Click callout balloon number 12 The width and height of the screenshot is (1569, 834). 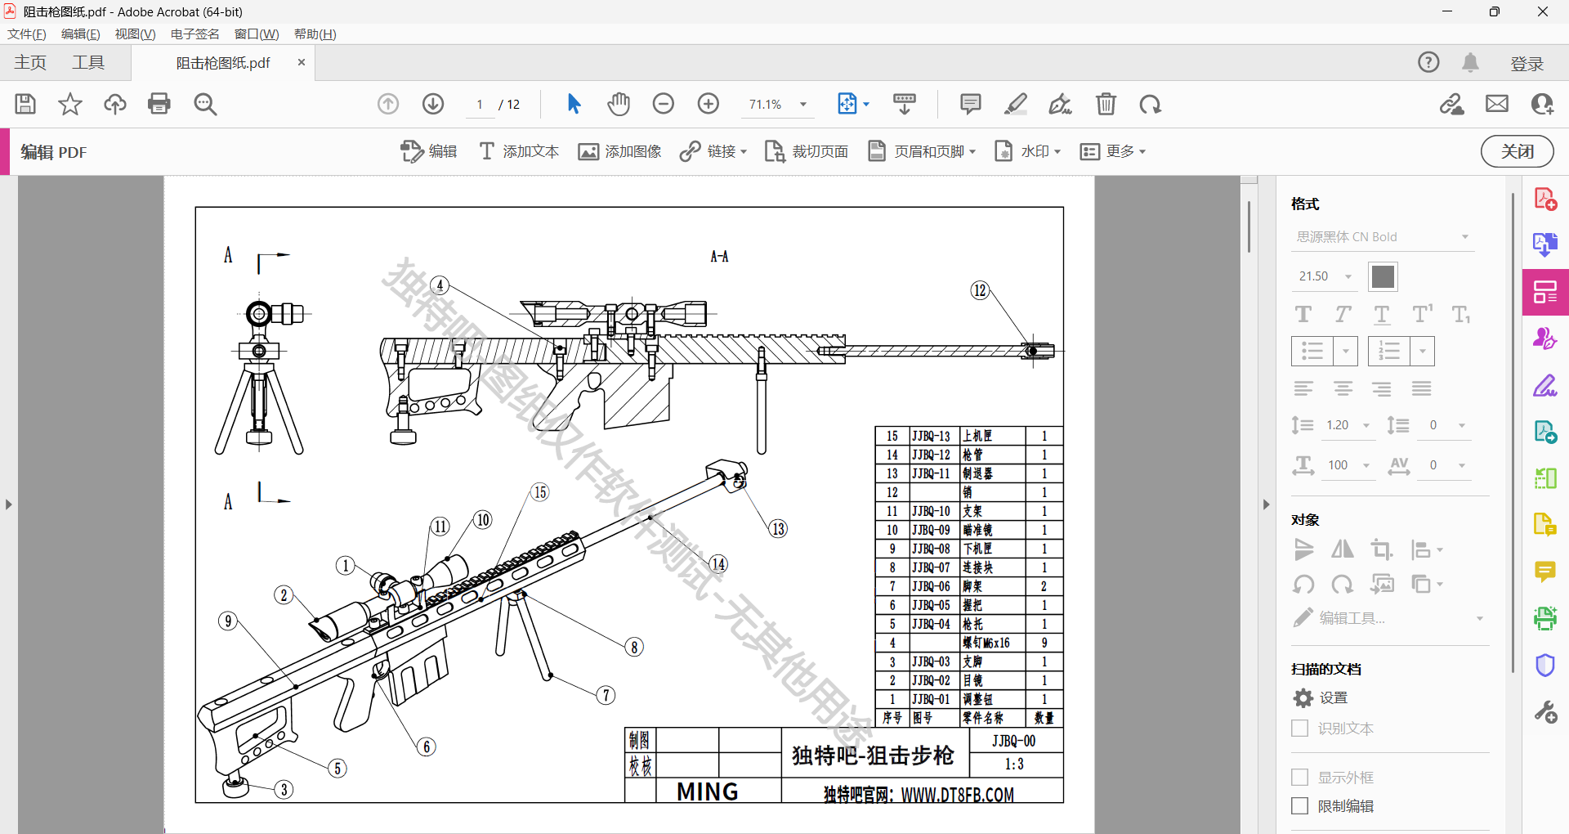point(980,290)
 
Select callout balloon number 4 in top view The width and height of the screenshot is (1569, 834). point(440,285)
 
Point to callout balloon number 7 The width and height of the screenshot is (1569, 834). point(606,695)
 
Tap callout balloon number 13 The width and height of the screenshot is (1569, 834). point(778,529)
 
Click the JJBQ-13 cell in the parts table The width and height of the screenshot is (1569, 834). point(932,437)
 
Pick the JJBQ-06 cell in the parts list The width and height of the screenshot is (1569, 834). point(932,586)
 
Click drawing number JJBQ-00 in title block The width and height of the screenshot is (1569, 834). point(1013,741)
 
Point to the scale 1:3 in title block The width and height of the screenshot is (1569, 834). point(1014,764)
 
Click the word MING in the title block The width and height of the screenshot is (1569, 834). point(708,791)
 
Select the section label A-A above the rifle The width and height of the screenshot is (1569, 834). point(719,257)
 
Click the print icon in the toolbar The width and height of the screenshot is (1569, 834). point(159,104)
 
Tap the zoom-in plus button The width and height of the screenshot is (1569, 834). point(709,104)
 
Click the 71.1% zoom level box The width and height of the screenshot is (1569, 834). point(766,105)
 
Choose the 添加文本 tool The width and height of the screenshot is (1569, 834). point(519,151)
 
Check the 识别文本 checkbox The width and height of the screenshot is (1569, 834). point(1299,729)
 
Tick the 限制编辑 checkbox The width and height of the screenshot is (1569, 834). point(1299,806)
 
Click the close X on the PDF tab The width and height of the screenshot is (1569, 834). point(302,62)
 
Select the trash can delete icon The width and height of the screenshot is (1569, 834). point(1106,104)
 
